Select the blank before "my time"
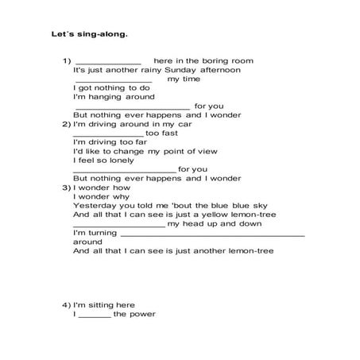tap(113, 80)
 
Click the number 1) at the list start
tap(66, 60)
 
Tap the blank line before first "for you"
tap(132, 106)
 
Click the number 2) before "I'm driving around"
tap(66, 125)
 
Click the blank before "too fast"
tap(107, 134)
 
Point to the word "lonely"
tap(123, 159)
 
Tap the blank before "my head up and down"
tap(119, 225)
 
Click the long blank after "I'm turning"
tap(212, 234)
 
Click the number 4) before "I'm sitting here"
tap(66, 304)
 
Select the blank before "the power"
tap(95, 315)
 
